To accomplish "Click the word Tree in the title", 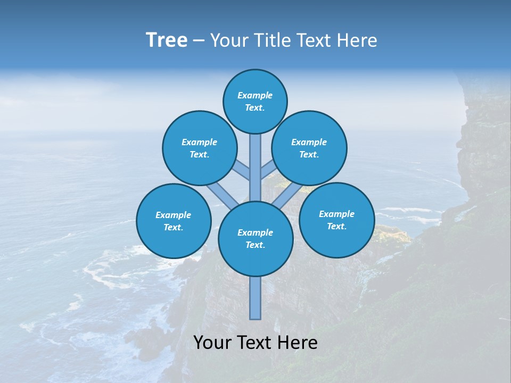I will point(167,40).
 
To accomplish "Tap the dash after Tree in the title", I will point(199,41).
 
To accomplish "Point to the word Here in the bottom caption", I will point(298,343).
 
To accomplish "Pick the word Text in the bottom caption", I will point(256,343).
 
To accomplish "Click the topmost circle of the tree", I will point(255,101).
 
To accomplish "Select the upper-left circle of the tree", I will point(199,148).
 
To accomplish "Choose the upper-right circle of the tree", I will point(309,148).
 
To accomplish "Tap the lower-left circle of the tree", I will point(174,221).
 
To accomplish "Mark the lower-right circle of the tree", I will point(336,220).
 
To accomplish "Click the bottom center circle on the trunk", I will point(256,239).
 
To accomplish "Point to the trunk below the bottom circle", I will point(256,298).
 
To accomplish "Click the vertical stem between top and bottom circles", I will point(256,168).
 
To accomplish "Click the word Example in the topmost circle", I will point(255,95).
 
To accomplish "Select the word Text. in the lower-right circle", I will point(336,226).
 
